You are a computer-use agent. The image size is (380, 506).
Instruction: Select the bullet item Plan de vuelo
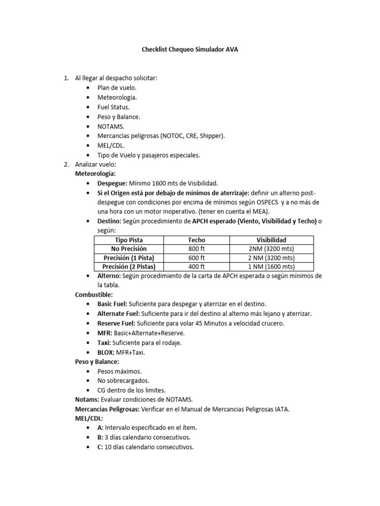(113, 87)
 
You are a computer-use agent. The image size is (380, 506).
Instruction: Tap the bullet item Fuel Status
(113, 107)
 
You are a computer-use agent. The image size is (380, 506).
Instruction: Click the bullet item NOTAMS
(111, 126)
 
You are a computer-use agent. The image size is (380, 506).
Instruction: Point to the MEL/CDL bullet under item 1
(111, 145)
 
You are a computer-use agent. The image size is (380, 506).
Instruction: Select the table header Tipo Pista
(128, 240)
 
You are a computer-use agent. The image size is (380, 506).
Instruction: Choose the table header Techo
(197, 240)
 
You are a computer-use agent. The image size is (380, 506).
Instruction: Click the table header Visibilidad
(271, 240)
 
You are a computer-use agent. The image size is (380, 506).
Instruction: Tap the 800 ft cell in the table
(197, 249)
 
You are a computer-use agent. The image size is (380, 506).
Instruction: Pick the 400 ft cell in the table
(197, 267)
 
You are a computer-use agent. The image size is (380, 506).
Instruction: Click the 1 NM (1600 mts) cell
(271, 267)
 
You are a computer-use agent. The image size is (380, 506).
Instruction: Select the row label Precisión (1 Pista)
(128, 258)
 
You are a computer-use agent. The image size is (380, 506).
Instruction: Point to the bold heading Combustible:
(94, 295)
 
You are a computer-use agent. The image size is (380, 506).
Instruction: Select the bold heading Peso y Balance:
(97, 362)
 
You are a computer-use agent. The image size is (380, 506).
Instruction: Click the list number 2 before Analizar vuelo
(67, 165)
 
